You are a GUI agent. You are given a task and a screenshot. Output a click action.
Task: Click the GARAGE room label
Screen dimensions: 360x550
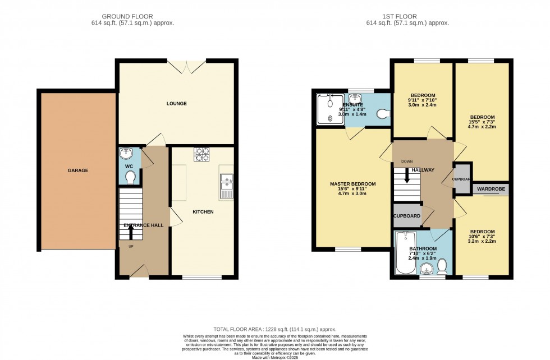78,170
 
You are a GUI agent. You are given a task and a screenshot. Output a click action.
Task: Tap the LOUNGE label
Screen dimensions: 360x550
176,104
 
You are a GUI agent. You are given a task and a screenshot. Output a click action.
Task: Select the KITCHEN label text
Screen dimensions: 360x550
203,212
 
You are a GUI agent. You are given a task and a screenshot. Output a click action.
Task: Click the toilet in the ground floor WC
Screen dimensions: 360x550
130,177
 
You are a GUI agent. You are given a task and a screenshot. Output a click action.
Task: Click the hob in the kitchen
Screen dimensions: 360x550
201,154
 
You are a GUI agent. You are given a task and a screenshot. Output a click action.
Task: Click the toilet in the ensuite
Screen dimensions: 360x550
383,114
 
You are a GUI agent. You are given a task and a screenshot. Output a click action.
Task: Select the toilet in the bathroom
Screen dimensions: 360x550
442,264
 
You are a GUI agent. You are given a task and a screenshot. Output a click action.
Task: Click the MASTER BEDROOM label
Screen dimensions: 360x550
352,184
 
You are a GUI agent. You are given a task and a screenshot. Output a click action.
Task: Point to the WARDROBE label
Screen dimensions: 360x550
492,190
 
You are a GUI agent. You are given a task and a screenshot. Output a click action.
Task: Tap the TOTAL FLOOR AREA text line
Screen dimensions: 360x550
275,329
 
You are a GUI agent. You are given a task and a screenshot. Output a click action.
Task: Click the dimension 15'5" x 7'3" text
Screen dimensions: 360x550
482,121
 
